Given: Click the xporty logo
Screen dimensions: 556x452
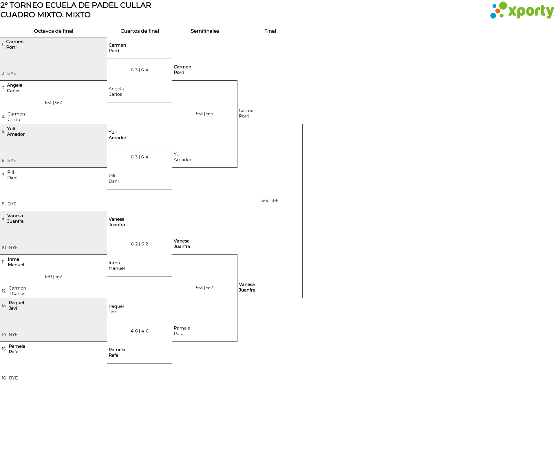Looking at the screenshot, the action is [x=522, y=10].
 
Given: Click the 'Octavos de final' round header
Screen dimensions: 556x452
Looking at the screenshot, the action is [x=54, y=31].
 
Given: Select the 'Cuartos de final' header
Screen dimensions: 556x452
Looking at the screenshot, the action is [x=140, y=31].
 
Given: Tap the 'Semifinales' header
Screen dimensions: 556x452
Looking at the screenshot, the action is [x=205, y=31].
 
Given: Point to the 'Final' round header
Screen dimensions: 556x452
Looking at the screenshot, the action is [x=270, y=31].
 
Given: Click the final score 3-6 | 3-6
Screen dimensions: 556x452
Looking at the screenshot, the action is [x=270, y=200].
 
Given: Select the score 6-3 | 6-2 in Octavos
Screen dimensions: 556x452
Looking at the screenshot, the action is [x=53, y=102].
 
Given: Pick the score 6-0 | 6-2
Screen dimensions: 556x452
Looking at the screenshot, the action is [x=53, y=276].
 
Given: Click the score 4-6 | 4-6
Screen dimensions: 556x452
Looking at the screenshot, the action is [x=140, y=331].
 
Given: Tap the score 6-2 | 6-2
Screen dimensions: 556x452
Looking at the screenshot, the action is [x=140, y=244].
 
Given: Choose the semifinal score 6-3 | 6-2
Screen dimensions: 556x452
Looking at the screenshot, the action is [x=204, y=288].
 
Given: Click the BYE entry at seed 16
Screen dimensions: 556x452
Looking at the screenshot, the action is [x=13, y=378].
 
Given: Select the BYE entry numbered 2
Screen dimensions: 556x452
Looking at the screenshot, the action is [x=12, y=73].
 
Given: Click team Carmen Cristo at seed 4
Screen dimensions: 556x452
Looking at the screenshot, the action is [x=16, y=117].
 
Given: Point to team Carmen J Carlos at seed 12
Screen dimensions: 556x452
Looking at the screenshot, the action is [x=17, y=291].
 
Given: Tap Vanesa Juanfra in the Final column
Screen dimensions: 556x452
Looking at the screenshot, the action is [x=247, y=287].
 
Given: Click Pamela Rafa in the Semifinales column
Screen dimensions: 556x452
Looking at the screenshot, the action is [x=182, y=331].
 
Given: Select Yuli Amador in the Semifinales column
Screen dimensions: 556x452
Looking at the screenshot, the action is [x=182, y=157].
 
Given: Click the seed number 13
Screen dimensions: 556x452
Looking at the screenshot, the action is [x=4, y=305].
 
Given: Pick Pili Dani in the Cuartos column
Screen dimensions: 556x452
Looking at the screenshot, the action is [x=114, y=178].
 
